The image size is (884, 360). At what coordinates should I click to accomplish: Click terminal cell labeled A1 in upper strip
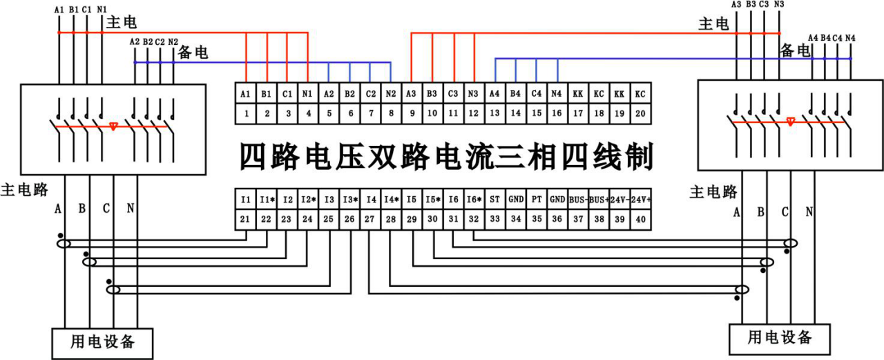(x=245, y=93)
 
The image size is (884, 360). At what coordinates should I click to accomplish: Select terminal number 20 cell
(x=640, y=113)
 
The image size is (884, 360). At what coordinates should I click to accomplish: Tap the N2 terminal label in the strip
(x=391, y=93)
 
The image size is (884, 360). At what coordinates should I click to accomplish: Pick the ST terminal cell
(x=494, y=199)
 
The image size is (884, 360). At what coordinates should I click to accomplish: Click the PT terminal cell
(x=537, y=199)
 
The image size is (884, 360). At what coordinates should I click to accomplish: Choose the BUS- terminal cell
(x=578, y=199)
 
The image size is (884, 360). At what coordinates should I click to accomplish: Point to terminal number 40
(x=641, y=219)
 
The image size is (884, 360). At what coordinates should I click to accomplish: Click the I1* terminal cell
(x=267, y=199)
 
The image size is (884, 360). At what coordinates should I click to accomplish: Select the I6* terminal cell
(x=474, y=199)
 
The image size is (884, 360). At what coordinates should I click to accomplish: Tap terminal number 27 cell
(x=370, y=219)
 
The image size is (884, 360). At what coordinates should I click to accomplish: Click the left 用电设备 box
(x=102, y=342)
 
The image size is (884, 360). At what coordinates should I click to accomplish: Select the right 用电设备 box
(x=779, y=338)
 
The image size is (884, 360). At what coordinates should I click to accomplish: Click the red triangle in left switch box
(x=113, y=127)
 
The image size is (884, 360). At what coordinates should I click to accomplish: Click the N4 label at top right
(x=850, y=37)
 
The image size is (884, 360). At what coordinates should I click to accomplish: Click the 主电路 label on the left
(x=25, y=190)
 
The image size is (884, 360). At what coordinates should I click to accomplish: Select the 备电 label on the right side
(x=794, y=50)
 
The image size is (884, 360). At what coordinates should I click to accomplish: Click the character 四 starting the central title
(x=253, y=158)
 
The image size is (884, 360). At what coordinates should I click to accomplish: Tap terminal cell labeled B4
(x=515, y=93)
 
